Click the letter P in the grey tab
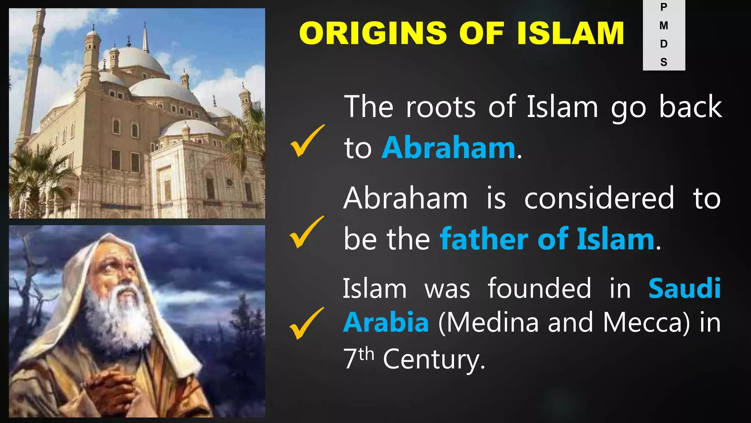tap(664, 7)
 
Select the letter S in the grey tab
tap(664, 62)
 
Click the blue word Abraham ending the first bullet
tap(448, 148)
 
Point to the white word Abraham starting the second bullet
tap(406, 198)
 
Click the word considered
tap(599, 198)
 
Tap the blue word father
tap(484, 239)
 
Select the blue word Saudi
tap(684, 289)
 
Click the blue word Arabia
tap(386, 322)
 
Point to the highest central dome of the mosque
tap(141, 59)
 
